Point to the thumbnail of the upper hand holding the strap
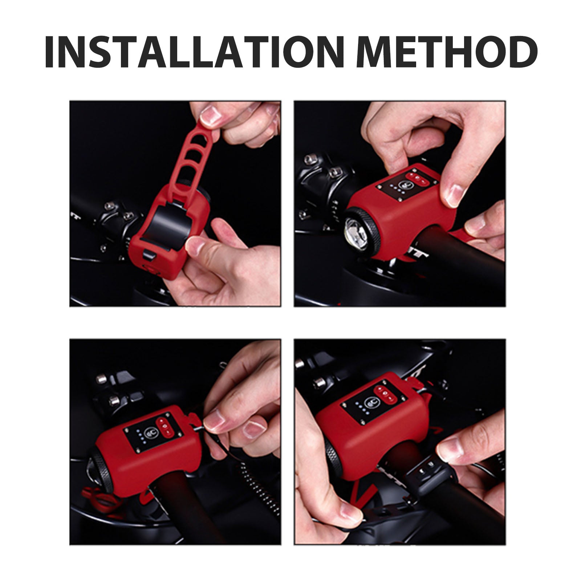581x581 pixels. click(x=210, y=116)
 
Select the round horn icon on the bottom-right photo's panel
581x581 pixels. click(x=371, y=402)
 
